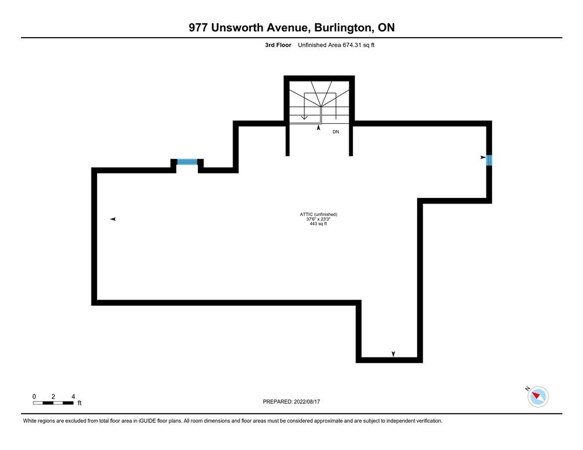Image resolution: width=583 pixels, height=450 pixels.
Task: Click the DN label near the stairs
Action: pos(335,132)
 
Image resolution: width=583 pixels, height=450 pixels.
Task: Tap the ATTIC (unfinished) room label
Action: pos(318,215)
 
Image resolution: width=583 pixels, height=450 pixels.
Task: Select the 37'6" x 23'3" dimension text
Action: pos(318,219)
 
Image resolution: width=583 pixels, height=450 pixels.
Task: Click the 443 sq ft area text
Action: pos(318,224)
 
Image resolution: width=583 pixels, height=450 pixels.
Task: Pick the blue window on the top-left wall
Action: pos(187,162)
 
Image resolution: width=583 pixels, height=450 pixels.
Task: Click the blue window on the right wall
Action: pos(489,160)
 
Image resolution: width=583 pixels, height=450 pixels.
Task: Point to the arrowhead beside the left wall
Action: pos(113,219)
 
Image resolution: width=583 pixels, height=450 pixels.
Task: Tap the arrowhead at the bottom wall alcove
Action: pos(394,353)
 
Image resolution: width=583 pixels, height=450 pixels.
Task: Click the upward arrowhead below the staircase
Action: pos(318,128)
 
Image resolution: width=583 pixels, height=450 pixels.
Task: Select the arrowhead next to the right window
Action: pos(482,157)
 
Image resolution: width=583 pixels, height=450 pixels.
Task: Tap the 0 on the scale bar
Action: pos(34,396)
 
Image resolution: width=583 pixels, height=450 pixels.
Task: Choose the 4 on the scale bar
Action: pos(73,396)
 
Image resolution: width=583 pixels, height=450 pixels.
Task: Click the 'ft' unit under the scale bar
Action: pos(79,403)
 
